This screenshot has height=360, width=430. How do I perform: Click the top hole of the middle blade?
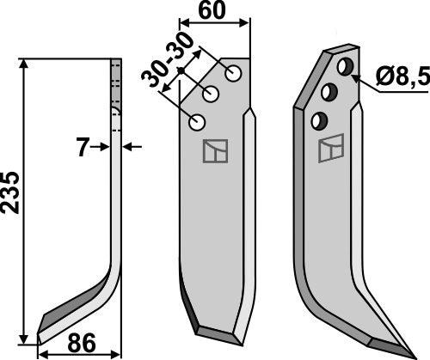click(233, 69)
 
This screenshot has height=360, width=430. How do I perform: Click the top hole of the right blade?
click(345, 65)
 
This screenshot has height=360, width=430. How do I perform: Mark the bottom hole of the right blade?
click(321, 119)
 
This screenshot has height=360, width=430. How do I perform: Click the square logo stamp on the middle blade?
click(212, 151)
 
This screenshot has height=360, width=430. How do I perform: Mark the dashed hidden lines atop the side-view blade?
click(116, 86)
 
